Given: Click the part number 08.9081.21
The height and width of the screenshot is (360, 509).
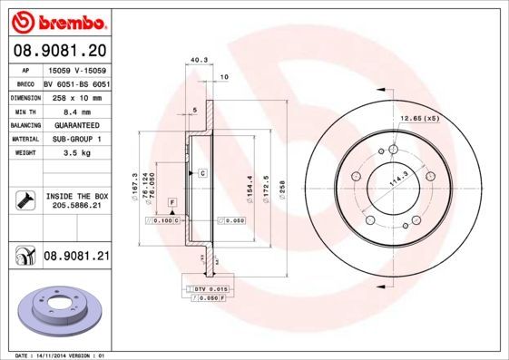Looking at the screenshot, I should pyautogui.click(x=75, y=257).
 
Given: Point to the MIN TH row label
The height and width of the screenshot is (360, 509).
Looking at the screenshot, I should pyautogui.click(x=24, y=112).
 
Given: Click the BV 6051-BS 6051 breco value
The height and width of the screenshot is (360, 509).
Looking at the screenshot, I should pyautogui.click(x=75, y=83).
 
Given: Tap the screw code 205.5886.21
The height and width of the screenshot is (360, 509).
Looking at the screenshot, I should pyautogui.click(x=75, y=206).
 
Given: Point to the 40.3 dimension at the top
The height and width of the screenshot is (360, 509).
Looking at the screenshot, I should pyautogui.click(x=196, y=62).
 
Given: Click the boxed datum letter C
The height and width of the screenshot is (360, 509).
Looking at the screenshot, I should pyautogui.click(x=202, y=172).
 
